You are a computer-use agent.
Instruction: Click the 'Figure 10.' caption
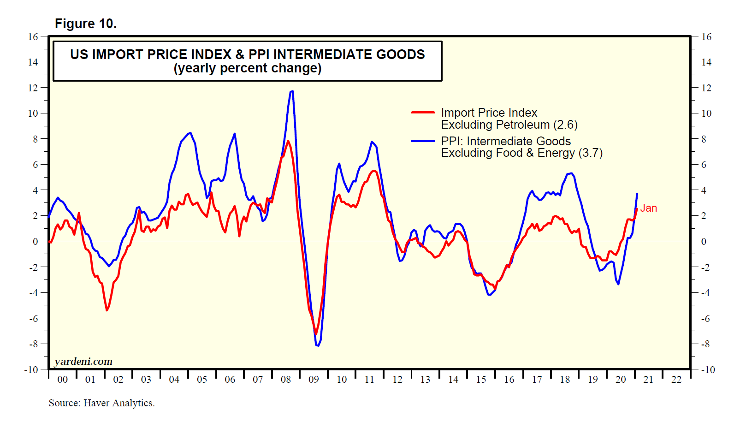click(x=86, y=24)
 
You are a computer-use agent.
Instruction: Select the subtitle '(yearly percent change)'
click(x=248, y=68)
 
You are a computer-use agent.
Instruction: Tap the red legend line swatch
click(x=423, y=112)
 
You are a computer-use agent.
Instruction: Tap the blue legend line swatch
click(x=423, y=141)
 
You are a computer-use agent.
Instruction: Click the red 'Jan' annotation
click(x=648, y=208)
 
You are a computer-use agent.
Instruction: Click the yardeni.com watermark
click(x=83, y=362)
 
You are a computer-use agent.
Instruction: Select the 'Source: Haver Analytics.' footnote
click(x=101, y=403)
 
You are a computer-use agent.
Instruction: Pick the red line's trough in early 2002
click(x=107, y=310)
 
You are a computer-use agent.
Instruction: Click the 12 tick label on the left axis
click(x=33, y=88)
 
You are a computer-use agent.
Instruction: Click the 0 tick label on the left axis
click(x=36, y=241)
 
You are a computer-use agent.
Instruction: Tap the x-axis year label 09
click(x=314, y=380)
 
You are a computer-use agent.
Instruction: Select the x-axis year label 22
click(x=676, y=380)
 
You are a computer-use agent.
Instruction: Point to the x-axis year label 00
click(x=62, y=380)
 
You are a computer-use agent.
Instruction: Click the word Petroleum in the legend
click(x=522, y=125)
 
